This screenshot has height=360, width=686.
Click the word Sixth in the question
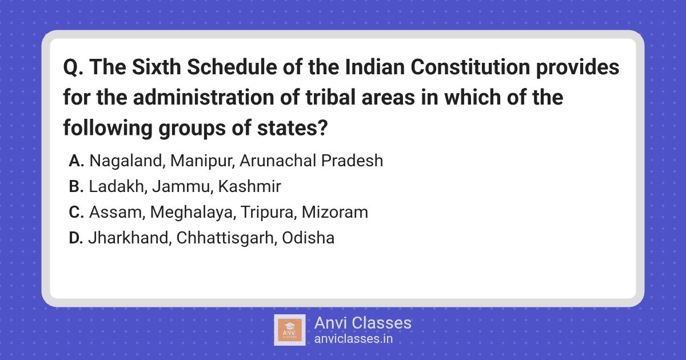tap(157, 67)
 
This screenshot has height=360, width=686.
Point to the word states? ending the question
tap(293, 128)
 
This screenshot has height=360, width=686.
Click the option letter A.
tap(76, 161)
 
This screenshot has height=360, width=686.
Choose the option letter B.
tap(76, 186)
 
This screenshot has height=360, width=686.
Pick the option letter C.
tap(76, 212)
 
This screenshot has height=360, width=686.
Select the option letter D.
tap(76, 238)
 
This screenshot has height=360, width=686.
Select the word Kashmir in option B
tap(249, 186)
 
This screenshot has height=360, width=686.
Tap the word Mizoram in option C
tap(335, 212)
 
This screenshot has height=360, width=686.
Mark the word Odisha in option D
tap(308, 238)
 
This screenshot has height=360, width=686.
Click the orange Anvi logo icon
tap(290, 330)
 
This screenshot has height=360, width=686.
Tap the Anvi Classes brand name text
tap(362, 323)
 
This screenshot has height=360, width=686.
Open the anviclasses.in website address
tap(353, 339)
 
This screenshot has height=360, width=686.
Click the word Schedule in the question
tap(232, 67)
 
